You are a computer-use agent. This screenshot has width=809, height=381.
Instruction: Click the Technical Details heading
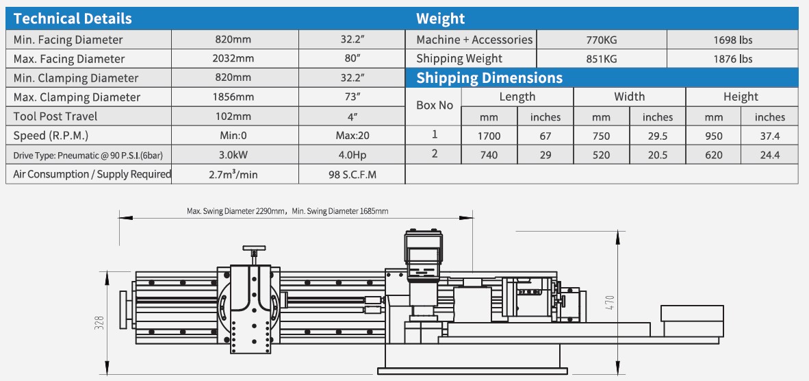coord(73,19)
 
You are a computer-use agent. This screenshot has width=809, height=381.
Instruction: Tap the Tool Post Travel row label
coord(55,116)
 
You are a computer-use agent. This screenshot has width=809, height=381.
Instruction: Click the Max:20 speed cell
coord(352,136)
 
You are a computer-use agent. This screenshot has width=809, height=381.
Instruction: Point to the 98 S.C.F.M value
coord(352,174)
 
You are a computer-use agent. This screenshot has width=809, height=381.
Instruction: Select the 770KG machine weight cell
coord(602,40)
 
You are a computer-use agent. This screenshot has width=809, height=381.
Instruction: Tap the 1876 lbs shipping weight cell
coord(732,59)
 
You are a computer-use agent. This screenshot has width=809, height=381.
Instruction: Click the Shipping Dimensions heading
coord(489,77)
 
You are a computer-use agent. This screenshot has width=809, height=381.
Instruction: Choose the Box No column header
coord(435,106)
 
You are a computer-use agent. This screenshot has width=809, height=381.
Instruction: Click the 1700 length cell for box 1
coord(489,136)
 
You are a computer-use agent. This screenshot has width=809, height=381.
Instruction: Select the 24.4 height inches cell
coord(770,155)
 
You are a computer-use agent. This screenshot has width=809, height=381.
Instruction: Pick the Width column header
coord(629,97)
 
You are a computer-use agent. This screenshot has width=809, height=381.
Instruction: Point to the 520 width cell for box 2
coord(601,155)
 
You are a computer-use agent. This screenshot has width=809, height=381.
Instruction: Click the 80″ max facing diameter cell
coord(352,59)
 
